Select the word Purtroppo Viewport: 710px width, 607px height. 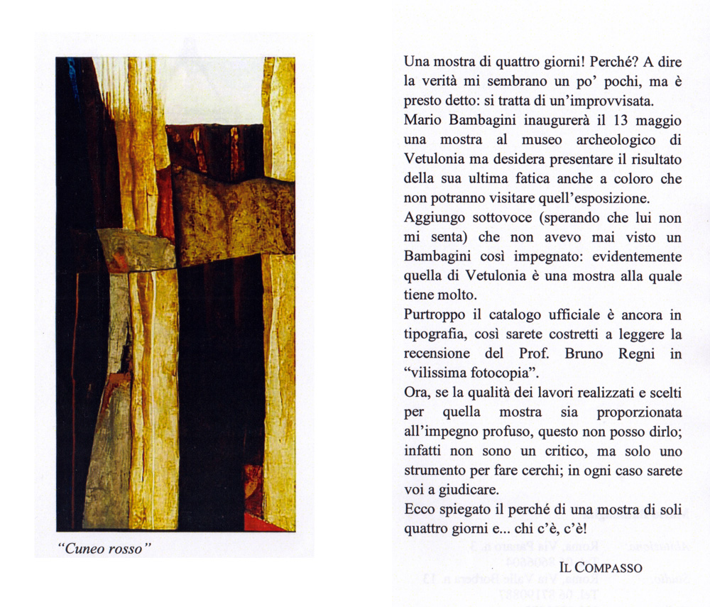[434, 315]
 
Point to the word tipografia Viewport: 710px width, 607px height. [437, 334]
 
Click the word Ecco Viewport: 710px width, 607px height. [420, 510]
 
